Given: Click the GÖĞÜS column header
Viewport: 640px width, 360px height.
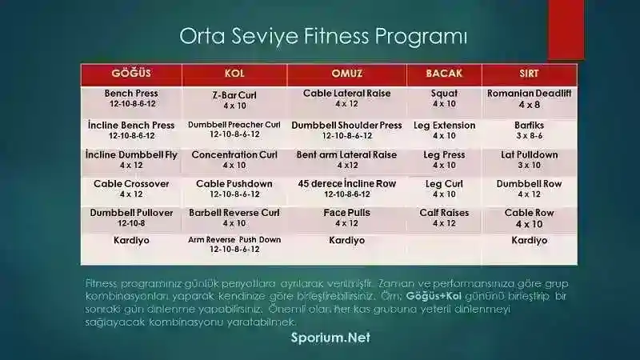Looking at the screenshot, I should tap(130, 74).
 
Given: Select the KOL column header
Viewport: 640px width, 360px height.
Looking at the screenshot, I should tap(234, 74).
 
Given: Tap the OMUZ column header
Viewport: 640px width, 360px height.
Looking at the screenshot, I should tap(346, 74).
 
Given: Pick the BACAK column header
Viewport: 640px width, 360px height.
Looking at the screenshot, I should tap(444, 74).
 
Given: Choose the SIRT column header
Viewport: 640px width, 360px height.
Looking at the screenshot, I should tap(529, 74).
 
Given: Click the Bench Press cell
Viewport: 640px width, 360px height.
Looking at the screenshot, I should tap(130, 98).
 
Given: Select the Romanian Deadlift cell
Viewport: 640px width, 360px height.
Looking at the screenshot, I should tap(529, 98).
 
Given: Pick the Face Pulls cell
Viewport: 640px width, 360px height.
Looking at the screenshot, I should tap(346, 218).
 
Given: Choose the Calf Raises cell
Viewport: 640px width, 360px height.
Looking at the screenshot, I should tap(444, 218).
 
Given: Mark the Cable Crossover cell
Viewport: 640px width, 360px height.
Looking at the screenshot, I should tap(130, 188).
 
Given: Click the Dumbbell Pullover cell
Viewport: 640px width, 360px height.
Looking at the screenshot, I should tap(130, 218).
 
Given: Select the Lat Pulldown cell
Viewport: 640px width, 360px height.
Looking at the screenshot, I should tap(529, 159).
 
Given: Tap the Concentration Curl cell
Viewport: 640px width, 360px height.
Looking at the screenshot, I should tap(234, 159).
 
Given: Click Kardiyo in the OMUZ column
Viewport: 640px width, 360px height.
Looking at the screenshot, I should tap(346, 240).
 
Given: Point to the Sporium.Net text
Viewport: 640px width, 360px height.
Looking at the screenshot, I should tap(330, 338).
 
